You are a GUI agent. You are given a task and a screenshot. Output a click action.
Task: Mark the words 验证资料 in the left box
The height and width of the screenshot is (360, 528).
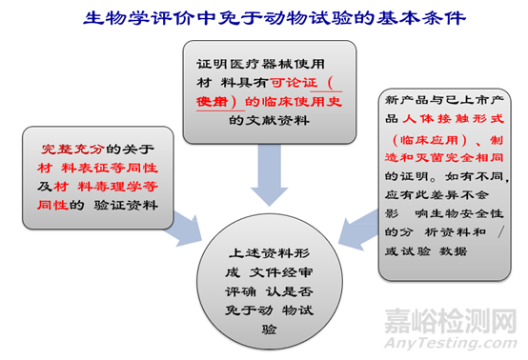click(117, 202)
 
